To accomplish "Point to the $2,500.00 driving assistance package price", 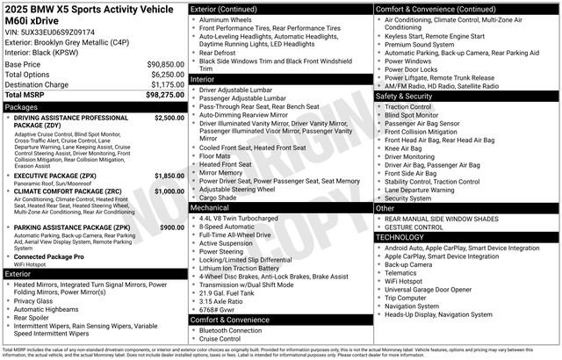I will [x=169, y=117].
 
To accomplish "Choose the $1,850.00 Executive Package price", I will [x=169, y=176].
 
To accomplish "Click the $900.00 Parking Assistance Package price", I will [x=171, y=227].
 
